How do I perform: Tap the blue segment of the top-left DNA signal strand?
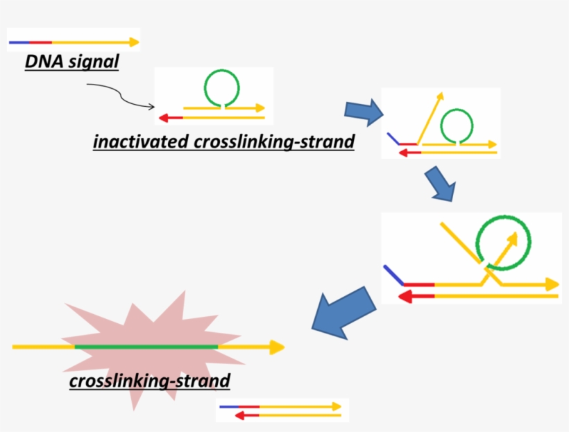tap(19, 42)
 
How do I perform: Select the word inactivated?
tap(138, 142)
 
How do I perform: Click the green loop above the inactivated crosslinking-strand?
tap(221, 87)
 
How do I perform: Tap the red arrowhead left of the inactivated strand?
tap(164, 117)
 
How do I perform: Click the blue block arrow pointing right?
tap(364, 111)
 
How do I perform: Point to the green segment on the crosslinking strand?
tap(146, 347)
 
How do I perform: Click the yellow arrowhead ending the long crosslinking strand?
tap(278, 347)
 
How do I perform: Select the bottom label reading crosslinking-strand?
tap(149, 381)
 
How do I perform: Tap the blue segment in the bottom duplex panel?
tap(227, 406)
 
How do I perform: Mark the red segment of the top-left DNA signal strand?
tap(40, 42)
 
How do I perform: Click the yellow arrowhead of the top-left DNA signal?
tap(133, 42)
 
